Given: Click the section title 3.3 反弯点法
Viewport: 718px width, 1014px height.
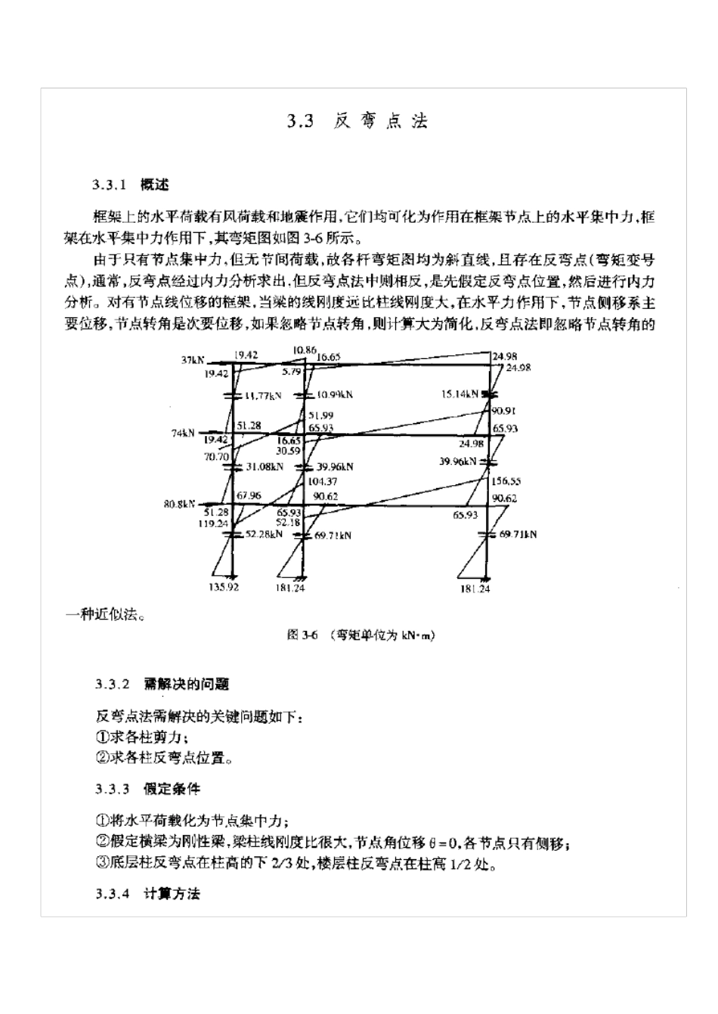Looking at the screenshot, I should click(358, 122).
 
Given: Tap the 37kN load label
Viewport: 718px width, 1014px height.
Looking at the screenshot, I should click(192, 360).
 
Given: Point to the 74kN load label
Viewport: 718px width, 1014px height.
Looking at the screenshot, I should click(184, 433).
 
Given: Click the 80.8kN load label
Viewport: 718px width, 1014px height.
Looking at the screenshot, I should click(179, 503).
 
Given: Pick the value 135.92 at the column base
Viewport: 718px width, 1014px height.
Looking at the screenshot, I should click(223, 587).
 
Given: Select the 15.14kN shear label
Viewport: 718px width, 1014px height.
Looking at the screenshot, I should click(460, 394).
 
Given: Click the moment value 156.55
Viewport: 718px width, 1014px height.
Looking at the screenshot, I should click(506, 481).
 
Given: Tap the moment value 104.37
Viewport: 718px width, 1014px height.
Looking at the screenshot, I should click(323, 481).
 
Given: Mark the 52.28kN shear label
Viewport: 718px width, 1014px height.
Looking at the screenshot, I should click(265, 533).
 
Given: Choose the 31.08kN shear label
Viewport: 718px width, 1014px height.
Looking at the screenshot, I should click(265, 466).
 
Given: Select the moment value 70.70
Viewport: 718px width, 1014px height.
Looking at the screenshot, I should click(216, 456).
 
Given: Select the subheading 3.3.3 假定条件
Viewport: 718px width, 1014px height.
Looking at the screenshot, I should click(148, 790).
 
